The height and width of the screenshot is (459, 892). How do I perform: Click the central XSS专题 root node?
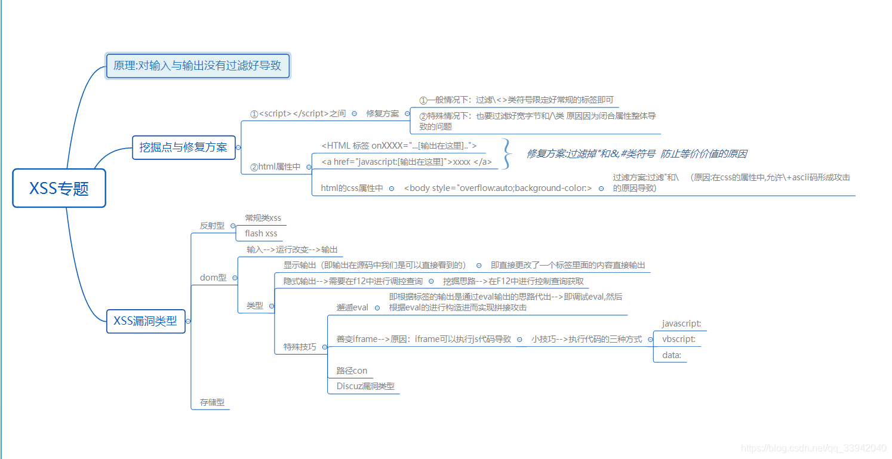click(x=59, y=188)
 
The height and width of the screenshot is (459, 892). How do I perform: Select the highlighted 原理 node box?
click(x=197, y=66)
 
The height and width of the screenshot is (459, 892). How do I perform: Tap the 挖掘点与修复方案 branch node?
click(x=183, y=147)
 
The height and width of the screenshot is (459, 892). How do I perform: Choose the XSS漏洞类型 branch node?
click(x=146, y=321)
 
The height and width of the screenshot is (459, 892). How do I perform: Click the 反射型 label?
click(x=212, y=226)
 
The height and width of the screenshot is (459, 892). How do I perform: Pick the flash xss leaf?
click(x=261, y=233)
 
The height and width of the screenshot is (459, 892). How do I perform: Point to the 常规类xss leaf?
click(x=263, y=218)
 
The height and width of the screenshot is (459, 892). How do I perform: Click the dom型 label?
click(x=213, y=278)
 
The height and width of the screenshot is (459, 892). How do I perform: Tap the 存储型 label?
click(x=212, y=402)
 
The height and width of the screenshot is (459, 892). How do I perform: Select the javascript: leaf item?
click(x=681, y=324)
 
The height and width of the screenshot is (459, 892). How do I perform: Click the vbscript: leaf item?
click(x=679, y=339)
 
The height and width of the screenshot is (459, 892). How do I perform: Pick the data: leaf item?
click(x=672, y=355)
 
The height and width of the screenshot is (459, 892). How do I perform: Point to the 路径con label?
click(x=352, y=371)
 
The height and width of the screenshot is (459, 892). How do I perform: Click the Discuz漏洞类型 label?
click(x=365, y=386)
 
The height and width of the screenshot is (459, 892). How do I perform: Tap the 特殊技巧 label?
click(x=300, y=347)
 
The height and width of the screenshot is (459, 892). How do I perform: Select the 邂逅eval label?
click(x=352, y=307)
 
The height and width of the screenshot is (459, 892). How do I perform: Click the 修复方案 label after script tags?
click(x=382, y=113)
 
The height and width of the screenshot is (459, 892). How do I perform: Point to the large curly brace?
click(x=507, y=154)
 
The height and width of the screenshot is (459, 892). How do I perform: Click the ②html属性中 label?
click(x=275, y=167)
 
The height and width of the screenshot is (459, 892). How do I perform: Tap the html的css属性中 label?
click(x=352, y=188)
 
